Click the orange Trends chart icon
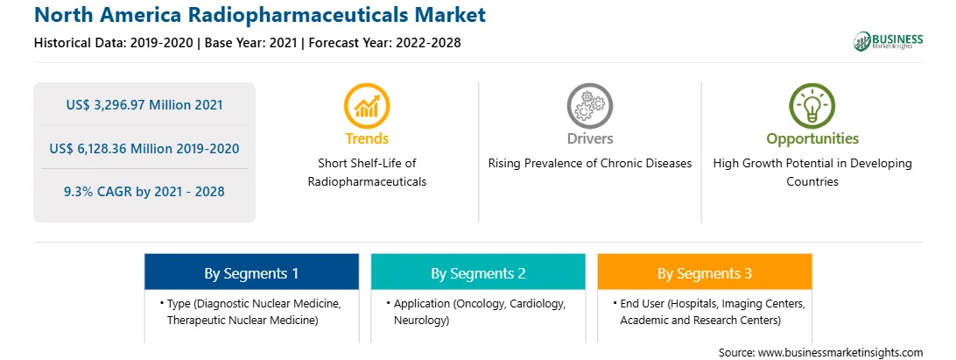point(367,106)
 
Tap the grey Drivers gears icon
point(589,106)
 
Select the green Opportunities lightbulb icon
point(812,106)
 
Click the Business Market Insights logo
point(889,41)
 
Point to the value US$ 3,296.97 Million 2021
point(144,104)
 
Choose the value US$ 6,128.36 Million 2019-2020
point(144,148)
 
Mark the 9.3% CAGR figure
point(144,192)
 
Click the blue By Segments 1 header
point(251,272)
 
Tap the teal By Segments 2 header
point(478,272)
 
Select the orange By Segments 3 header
point(704,272)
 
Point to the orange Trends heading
point(367,138)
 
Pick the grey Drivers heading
point(589,138)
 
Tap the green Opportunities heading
point(812,139)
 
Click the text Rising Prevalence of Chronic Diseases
point(589,164)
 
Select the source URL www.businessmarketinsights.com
point(840,352)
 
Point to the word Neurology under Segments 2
point(421,320)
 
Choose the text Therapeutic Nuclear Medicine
point(243,320)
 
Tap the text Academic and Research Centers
point(700,320)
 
